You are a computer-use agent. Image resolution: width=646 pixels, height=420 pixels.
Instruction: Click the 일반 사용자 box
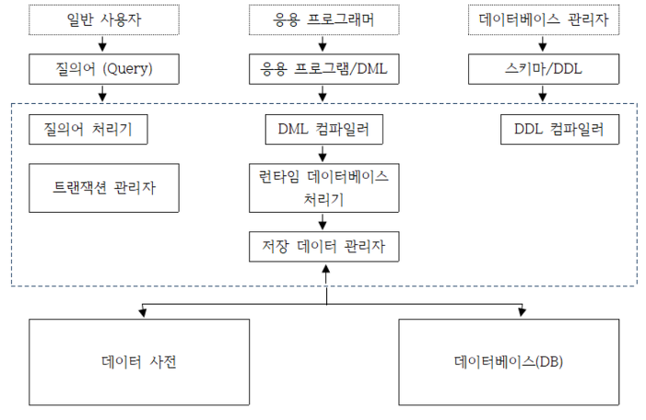coord(104,19)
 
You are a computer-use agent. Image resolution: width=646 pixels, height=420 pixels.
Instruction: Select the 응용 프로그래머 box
coord(323,19)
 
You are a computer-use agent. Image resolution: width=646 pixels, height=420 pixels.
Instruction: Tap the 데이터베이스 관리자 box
coord(544,19)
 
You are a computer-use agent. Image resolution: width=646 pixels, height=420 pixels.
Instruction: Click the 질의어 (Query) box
coord(104,69)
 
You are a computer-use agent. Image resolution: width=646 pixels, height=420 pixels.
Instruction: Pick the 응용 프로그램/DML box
coord(323,69)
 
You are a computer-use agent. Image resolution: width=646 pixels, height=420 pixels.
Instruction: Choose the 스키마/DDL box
coord(544,69)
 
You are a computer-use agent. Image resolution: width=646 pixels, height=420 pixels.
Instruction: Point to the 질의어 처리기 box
coord(88,129)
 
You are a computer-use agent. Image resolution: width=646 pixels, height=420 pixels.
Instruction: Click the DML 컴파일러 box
coord(323,129)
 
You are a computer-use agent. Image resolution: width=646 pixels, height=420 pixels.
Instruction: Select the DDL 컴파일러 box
coord(559,129)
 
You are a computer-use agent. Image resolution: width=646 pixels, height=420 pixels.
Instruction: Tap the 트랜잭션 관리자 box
coord(104,188)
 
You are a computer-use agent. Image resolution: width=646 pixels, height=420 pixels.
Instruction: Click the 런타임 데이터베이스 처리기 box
coord(323,188)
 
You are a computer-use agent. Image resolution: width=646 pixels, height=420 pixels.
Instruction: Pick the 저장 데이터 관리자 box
coord(323,247)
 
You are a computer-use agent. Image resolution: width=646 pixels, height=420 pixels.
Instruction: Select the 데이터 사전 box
coord(139,362)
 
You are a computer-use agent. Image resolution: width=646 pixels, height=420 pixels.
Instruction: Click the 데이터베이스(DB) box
coord(509,362)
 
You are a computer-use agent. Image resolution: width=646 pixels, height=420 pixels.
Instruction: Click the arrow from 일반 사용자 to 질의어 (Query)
coord(102,43)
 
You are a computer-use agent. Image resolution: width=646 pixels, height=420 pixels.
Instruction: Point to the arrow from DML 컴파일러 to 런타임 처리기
coord(323,153)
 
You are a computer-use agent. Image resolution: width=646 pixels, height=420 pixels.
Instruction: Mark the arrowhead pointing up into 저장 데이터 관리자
coord(326,269)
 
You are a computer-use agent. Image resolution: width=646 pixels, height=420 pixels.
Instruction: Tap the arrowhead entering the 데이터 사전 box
coord(143,313)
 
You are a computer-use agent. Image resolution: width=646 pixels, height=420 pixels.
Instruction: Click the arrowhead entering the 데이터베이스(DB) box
coord(522,312)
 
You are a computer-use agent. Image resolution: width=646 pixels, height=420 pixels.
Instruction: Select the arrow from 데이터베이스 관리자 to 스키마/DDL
coord(543,43)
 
